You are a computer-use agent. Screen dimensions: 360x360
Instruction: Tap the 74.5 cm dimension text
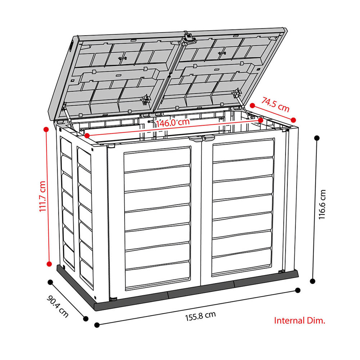275,105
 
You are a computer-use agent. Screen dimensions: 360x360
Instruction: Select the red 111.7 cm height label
42,197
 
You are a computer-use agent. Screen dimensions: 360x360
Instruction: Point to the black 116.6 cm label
322,204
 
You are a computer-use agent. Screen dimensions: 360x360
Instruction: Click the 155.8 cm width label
201,316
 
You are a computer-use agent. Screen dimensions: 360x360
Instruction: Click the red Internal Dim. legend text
300,320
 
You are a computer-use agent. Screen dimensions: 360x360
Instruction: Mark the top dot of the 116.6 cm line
317,138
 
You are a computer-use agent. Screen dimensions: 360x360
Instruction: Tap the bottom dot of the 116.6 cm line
312,281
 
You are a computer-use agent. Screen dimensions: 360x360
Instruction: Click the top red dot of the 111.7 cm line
46,130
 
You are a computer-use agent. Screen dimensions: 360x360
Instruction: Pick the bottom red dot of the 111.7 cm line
49,264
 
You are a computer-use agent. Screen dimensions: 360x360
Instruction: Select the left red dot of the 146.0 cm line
87,136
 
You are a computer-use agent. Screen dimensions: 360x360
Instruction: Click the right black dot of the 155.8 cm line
298,291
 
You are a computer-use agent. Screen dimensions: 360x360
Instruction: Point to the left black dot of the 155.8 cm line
97,325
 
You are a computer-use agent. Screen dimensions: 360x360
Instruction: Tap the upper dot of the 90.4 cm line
50,282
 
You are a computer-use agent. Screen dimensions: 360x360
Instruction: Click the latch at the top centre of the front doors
202,138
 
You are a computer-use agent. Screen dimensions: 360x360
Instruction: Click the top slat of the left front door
157,159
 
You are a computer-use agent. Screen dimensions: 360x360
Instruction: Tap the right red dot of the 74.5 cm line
293,120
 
